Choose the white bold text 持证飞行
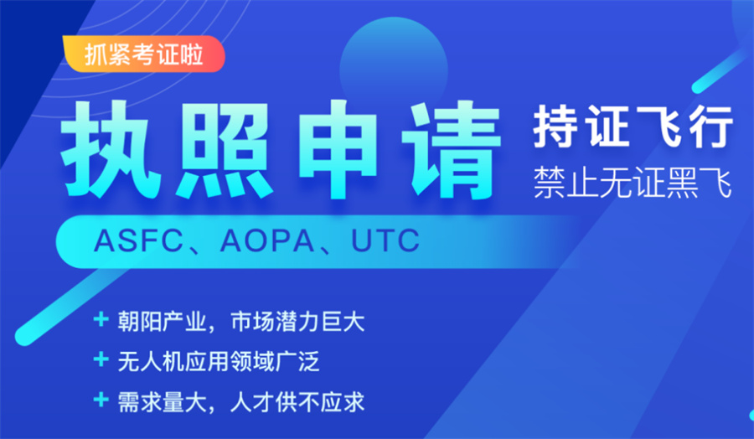point(633,128)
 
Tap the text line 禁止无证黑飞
point(633,183)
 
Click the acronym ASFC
point(137,241)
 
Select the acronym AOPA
point(267,241)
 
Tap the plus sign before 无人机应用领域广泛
point(101,361)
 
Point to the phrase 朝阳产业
point(159,321)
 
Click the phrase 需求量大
point(159,401)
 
